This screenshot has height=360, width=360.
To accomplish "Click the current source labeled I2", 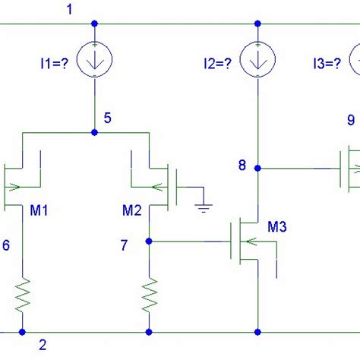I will [x=258, y=61].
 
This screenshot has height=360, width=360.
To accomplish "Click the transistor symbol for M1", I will [x=23, y=180].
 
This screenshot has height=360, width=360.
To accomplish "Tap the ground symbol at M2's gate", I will [x=202, y=206].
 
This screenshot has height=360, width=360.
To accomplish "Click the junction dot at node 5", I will [x=94, y=132].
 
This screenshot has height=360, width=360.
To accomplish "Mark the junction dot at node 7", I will [x=150, y=242].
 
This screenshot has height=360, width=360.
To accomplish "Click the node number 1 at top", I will [x=71, y=9].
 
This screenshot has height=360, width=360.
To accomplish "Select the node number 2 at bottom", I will [x=43, y=345].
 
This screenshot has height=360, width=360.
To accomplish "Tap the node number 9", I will [x=350, y=119].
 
